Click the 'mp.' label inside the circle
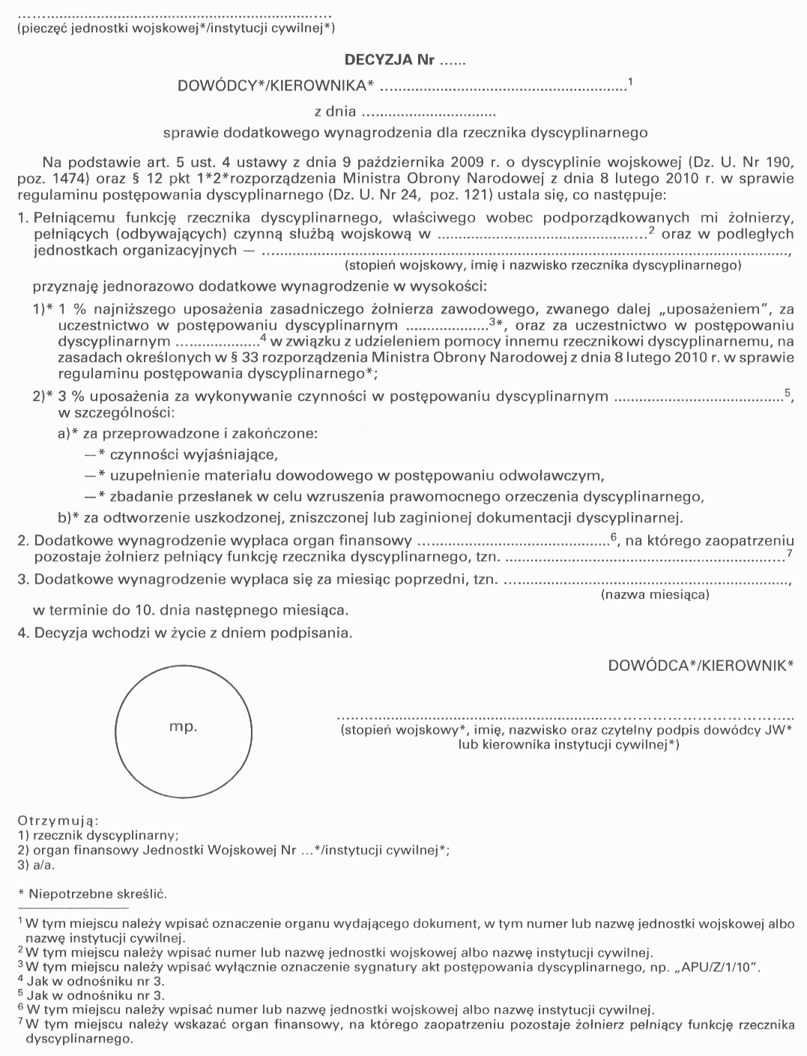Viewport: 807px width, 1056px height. coord(183,726)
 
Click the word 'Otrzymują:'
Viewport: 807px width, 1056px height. coord(58,821)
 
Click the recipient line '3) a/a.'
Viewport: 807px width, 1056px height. coord(36,864)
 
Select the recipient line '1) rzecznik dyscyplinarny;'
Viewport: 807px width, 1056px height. coord(97,836)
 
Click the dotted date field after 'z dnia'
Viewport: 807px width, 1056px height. coord(429,114)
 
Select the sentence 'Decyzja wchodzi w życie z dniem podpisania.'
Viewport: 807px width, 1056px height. coord(193,633)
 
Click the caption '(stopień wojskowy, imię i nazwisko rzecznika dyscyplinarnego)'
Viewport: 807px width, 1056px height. coord(542,265)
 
